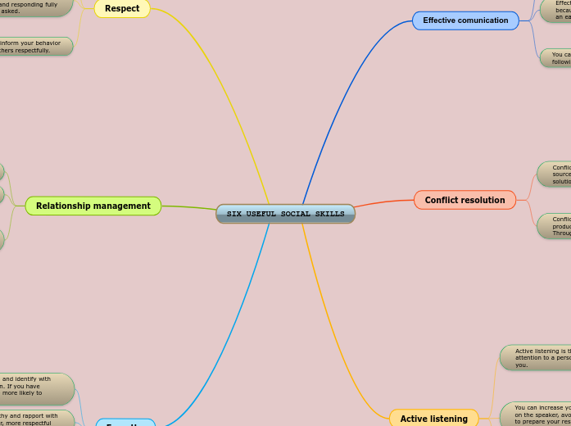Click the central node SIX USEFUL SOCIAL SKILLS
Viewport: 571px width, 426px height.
(285, 214)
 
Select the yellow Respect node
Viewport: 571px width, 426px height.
(122, 8)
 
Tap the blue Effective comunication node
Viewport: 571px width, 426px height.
(465, 20)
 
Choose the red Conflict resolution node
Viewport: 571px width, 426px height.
(465, 200)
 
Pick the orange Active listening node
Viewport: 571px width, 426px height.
(433, 419)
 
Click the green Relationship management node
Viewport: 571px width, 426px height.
(93, 206)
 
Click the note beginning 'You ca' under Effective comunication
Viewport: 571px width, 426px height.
(556, 57)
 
